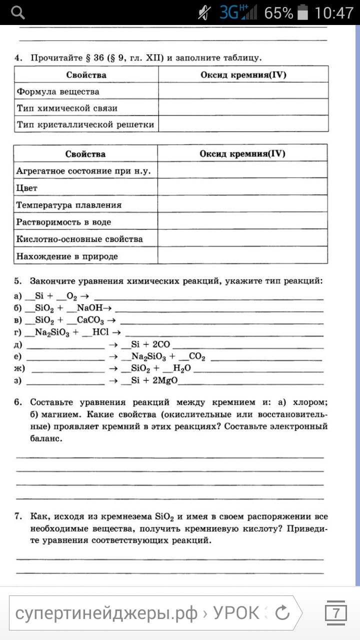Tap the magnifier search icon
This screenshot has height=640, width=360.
tap(18, 12)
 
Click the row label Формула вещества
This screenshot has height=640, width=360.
tap(58, 92)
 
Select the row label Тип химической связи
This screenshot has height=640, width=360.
tap(67, 108)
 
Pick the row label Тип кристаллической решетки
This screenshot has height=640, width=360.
tap(85, 124)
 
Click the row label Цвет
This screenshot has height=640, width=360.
tap(27, 188)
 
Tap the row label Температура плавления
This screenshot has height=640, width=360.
tap(69, 205)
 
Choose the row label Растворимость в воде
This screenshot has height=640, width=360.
tap(64, 222)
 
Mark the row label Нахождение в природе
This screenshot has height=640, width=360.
tap(67, 256)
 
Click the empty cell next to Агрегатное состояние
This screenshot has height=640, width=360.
tap(242, 171)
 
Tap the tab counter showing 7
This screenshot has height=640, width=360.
tap(336, 613)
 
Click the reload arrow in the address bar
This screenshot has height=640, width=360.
tap(282, 613)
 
